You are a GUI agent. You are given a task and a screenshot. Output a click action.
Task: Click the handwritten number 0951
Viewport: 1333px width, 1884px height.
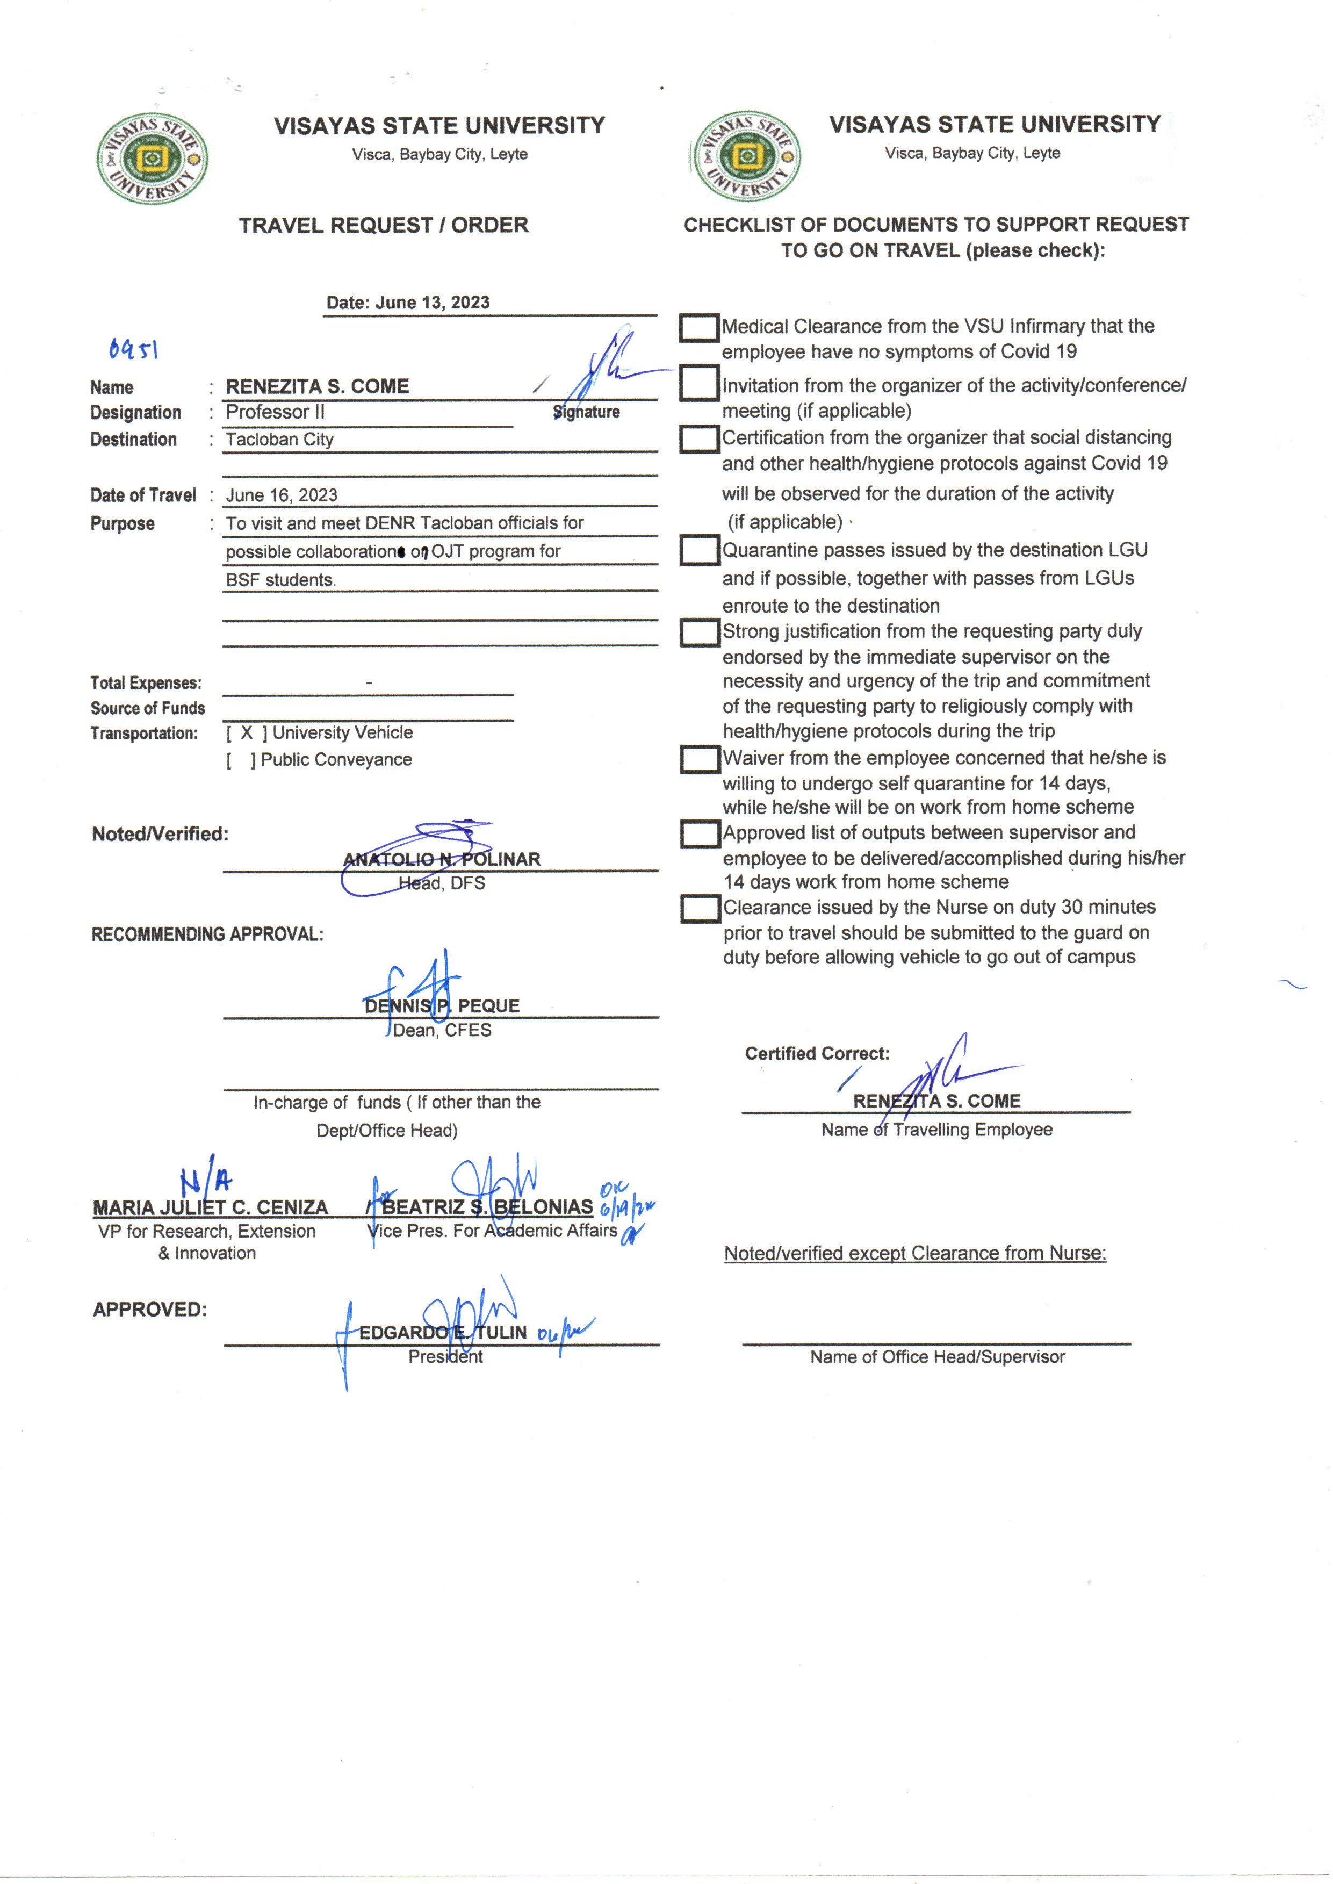tap(133, 350)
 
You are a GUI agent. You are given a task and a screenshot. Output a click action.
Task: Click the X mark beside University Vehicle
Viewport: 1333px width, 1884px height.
tap(246, 733)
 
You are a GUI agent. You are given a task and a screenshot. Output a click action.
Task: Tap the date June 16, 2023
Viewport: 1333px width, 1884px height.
tap(282, 495)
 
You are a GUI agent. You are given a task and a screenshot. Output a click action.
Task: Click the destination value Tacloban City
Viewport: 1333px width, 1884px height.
tap(280, 439)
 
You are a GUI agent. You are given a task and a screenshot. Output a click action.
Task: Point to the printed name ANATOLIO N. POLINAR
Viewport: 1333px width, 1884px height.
tap(442, 859)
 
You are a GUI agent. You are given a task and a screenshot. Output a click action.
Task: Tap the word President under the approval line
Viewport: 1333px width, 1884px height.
tap(445, 1357)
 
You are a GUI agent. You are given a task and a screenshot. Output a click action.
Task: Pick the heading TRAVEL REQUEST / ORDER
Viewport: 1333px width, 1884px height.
tap(383, 225)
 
